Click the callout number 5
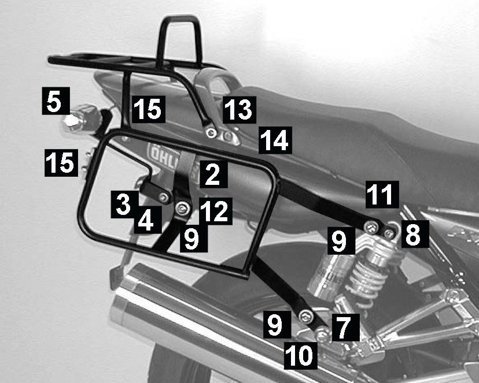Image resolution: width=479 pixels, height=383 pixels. pyautogui.click(x=56, y=101)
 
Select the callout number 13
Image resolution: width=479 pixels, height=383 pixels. pyautogui.click(x=239, y=110)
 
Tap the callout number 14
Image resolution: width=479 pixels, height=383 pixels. pyautogui.click(x=275, y=140)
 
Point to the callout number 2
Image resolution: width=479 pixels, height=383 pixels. pyautogui.click(x=213, y=174)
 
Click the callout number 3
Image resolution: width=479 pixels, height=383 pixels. pyautogui.click(x=124, y=204)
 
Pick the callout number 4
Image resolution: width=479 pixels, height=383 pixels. pyautogui.click(x=148, y=220)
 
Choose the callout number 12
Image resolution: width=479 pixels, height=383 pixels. pyautogui.click(x=216, y=211)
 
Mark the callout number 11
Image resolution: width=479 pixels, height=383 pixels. pyautogui.click(x=382, y=195)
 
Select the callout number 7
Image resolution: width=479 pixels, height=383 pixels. pyautogui.click(x=345, y=328)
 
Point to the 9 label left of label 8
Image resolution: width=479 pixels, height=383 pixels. pyautogui.click(x=341, y=241)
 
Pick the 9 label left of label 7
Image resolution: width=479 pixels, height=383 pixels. pyautogui.click(x=277, y=325)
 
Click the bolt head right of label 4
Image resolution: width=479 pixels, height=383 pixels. pyautogui.click(x=183, y=209)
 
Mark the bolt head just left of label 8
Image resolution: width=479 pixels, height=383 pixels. pyautogui.click(x=389, y=233)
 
